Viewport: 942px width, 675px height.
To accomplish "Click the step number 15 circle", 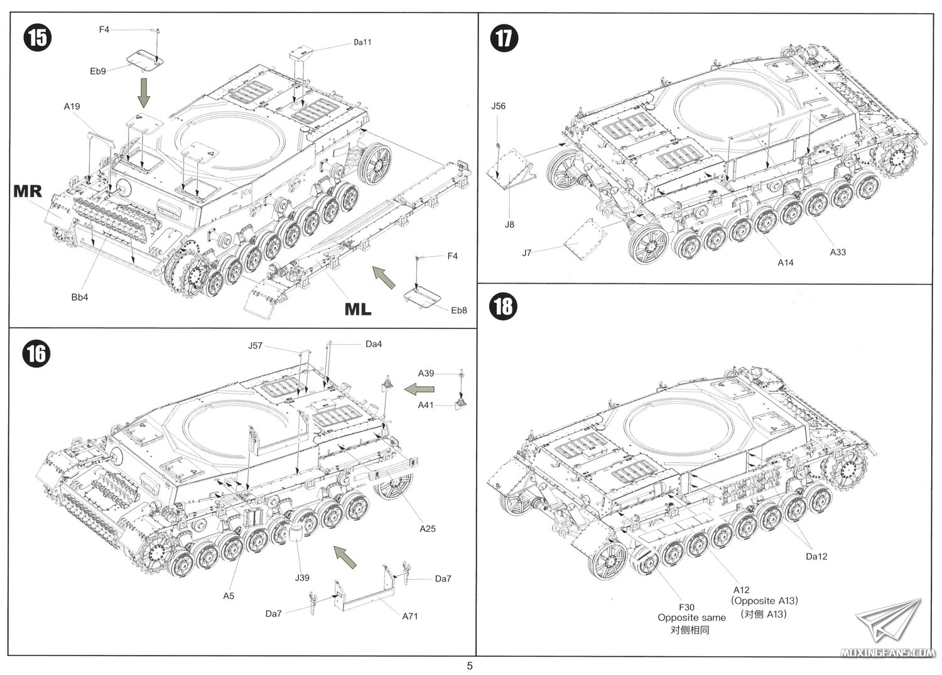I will [37, 38].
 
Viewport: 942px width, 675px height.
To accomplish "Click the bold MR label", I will [28, 192].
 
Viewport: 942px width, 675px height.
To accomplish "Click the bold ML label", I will [357, 309].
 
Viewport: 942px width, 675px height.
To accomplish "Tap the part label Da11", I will [362, 42].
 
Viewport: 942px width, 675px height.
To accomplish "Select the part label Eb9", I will [98, 72].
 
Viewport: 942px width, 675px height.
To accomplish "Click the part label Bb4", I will [80, 297].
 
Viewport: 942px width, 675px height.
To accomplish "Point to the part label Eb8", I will [459, 310].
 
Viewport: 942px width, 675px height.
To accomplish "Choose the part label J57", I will [255, 345].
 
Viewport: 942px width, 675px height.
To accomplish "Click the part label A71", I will [410, 616].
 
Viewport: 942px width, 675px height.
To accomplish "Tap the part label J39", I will [303, 578].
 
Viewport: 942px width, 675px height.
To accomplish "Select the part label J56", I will [498, 106].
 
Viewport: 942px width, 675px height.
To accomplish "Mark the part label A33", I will [838, 252].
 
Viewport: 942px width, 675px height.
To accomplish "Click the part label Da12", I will [816, 556].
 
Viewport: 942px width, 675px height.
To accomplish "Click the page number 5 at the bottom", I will [470, 666].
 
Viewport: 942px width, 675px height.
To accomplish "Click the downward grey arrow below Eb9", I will [144, 93].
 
